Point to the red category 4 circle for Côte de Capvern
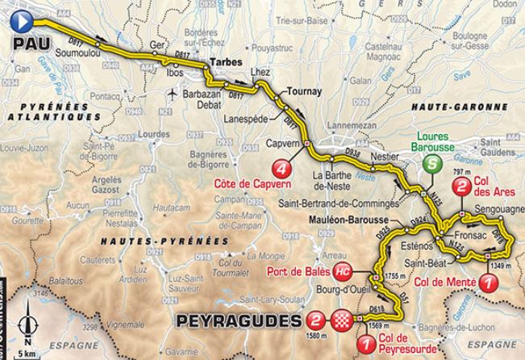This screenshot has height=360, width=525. click(281, 168)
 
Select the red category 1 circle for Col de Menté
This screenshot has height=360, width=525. click(487, 282)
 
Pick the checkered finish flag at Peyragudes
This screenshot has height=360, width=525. click(345, 320)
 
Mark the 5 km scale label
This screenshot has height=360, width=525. click(27, 352)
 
